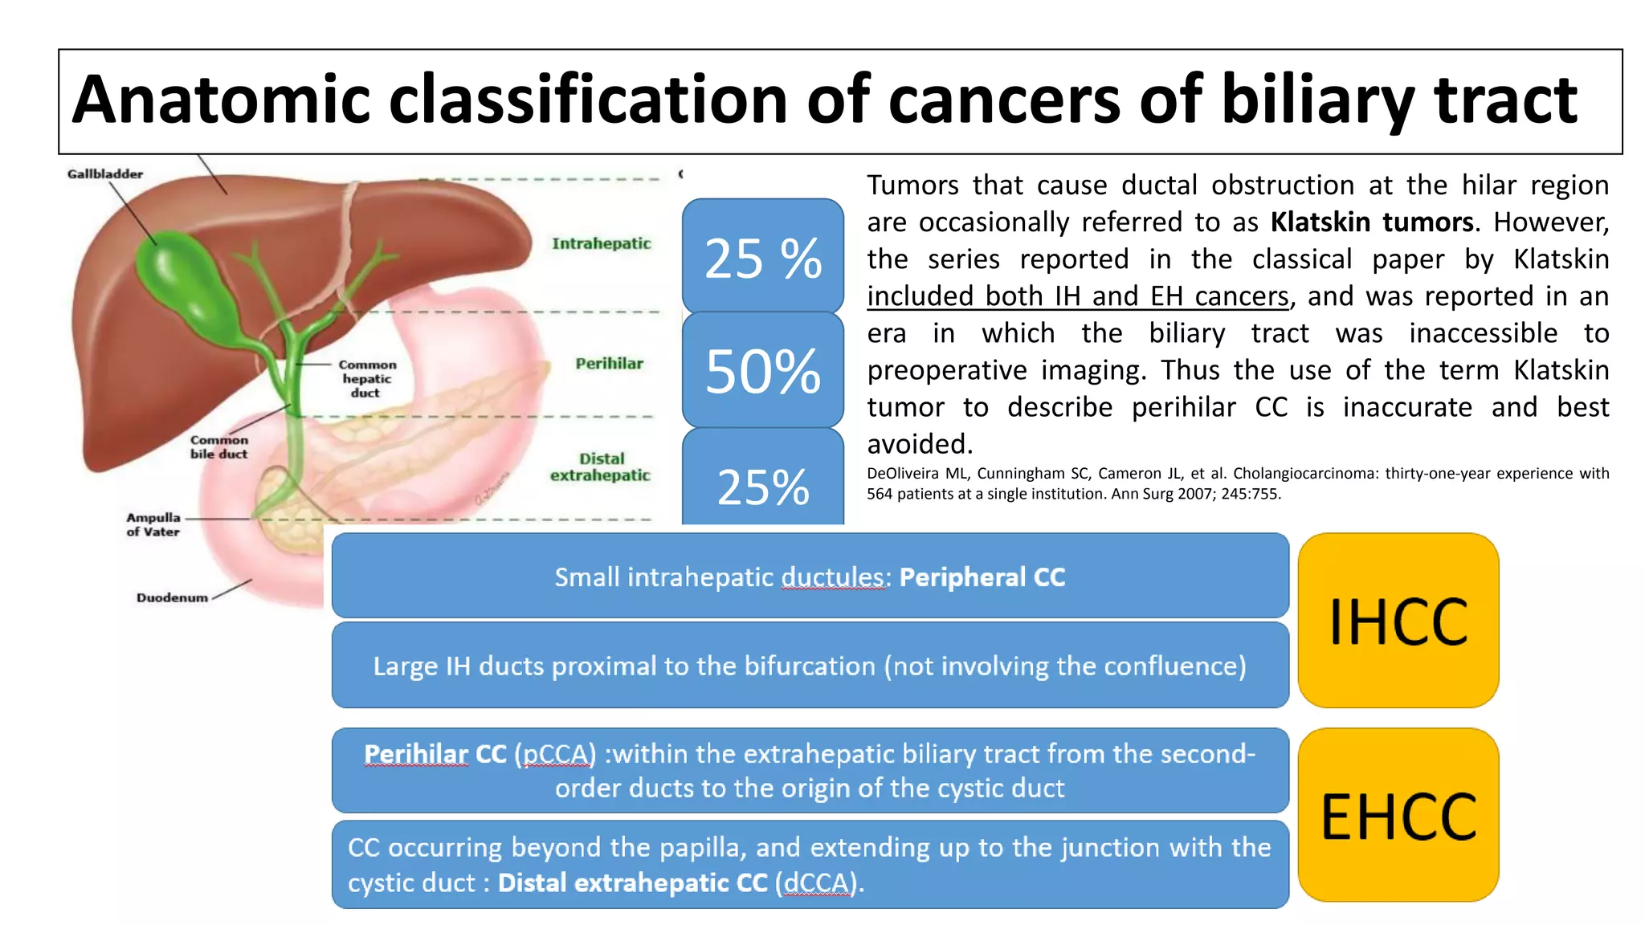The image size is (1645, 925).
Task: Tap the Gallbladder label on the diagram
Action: point(105,173)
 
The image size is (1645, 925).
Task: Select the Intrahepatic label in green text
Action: point(601,243)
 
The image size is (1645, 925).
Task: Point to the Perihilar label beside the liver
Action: point(609,364)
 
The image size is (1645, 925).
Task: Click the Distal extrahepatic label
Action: point(600,467)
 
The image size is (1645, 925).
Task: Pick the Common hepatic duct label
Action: point(366,378)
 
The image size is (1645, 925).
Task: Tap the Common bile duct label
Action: point(218,447)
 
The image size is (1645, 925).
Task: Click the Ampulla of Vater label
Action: point(153,524)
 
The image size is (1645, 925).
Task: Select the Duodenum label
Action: point(172,597)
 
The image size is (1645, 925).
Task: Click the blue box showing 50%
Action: point(762,371)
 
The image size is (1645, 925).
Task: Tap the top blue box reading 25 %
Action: point(762,258)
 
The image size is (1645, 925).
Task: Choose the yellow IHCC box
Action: point(1398,621)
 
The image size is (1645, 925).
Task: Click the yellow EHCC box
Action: point(1398,816)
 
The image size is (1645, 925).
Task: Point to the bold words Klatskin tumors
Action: point(1372,222)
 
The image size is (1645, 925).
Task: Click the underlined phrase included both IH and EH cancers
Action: point(1077,296)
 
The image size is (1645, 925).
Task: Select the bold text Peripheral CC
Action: point(982,577)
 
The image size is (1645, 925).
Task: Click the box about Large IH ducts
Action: point(810,666)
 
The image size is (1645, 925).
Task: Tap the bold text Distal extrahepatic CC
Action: point(633,883)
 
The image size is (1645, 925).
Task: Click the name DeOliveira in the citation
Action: point(902,474)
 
